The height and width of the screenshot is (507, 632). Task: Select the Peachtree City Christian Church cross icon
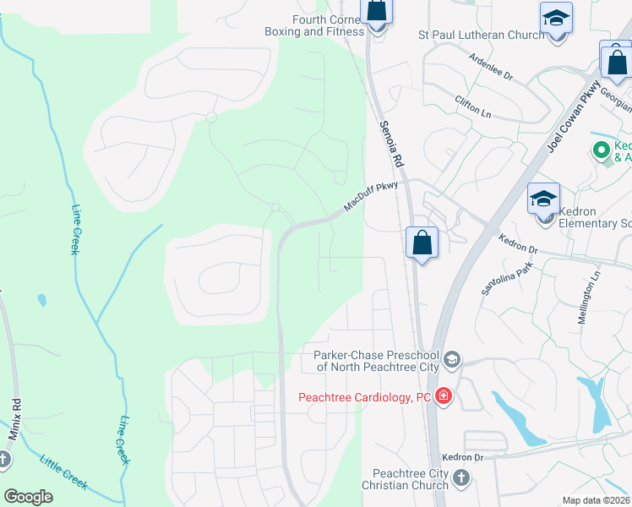460,478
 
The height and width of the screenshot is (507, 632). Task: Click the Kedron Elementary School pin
544,201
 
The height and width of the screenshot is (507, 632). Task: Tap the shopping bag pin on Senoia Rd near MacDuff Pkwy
422,243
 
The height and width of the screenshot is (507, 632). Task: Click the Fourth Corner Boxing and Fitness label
314,25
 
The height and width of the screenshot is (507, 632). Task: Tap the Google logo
28,497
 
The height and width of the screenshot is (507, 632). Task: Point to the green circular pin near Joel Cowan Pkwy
602,151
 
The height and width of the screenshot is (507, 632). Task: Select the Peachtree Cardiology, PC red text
365,397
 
